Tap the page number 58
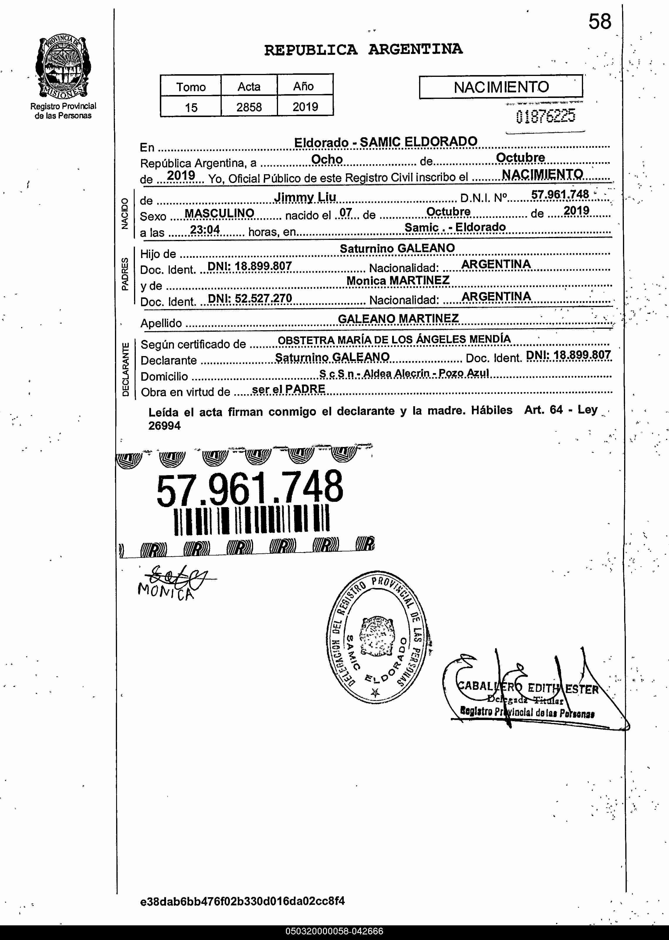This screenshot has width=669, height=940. [x=599, y=22]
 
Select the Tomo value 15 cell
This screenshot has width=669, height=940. [x=191, y=107]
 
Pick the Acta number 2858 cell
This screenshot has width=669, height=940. [x=249, y=107]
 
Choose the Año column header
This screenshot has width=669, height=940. [x=304, y=87]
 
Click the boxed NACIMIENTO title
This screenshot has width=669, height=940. [x=501, y=87]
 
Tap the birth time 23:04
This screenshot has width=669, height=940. [x=205, y=229]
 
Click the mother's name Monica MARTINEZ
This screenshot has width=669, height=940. [x=397, y=280]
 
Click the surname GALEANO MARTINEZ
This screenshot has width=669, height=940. [x=398, y=319]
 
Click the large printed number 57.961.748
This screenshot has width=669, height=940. [x=250, y=489]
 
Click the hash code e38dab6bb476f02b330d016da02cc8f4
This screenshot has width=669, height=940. [x=242, y=901]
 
